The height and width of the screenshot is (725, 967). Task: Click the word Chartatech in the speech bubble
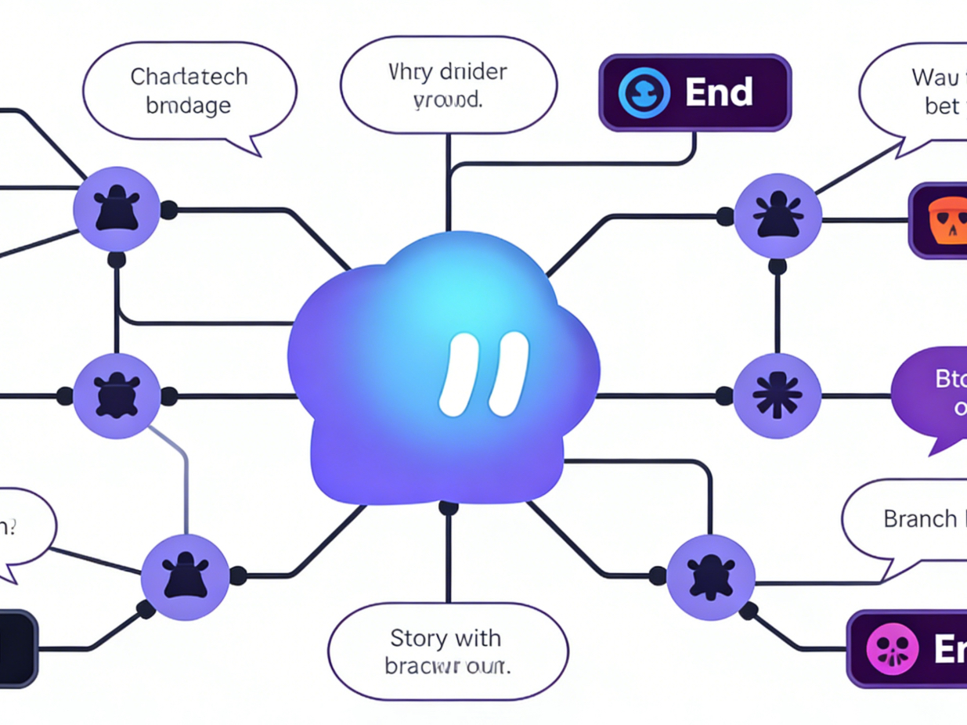click(x=189, y=78)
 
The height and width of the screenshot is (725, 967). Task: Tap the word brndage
click(x=188, y=106)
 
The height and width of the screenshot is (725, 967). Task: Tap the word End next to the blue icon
click(x=719, y=92)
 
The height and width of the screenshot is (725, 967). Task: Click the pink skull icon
click(x=889, y=650)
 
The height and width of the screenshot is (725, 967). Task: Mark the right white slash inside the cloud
click(x=508, y=374)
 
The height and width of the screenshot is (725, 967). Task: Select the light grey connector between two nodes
click(x=185, y=478)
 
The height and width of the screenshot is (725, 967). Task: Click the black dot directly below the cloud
click(x=448, y=508)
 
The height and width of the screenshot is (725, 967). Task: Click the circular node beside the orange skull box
click(x=778, y=216)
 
